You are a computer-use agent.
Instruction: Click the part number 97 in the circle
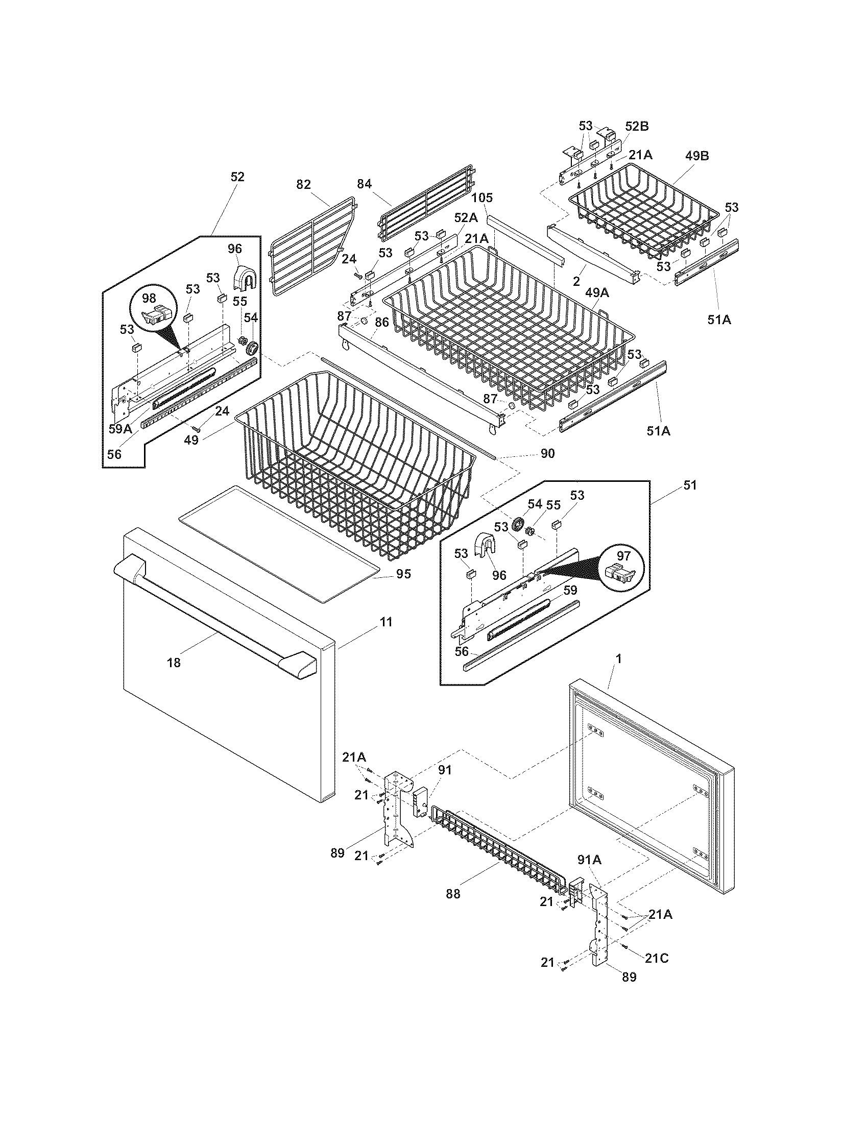pyautogui.click(x=623, y=556)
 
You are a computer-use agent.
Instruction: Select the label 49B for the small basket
pyautogui.click(x=696, y=156)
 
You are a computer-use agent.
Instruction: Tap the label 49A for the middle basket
pyautogui.click(x=596, y=292)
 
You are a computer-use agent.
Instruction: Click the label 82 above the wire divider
pyautogui.click(x=303, y=184)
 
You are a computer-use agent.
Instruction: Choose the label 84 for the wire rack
pyautogui.click(x=364, y=184)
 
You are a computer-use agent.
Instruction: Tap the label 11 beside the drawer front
pyautogui.click(x=385, y=622)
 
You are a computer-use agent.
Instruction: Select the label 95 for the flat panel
pyautogui.click(x=404, y=574)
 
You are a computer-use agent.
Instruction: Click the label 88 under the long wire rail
pyautogui.click(x=453, y=894)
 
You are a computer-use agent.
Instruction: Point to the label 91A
pyautogui.click(x=589, y=860)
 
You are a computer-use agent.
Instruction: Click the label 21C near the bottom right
pyautogui.click(x=657, y=959)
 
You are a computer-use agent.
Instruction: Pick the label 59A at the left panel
pyautogui.click(x=120, y=428)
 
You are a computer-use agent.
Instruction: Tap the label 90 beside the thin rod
pyautogui.click(x=547, y=453)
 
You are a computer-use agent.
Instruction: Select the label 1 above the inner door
pyautogui.click(x=619, y=658)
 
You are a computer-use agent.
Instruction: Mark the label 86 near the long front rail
pyautogui.click(x=381, y=323)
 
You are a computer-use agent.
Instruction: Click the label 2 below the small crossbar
pyautogui.click(x=576, y=281)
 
